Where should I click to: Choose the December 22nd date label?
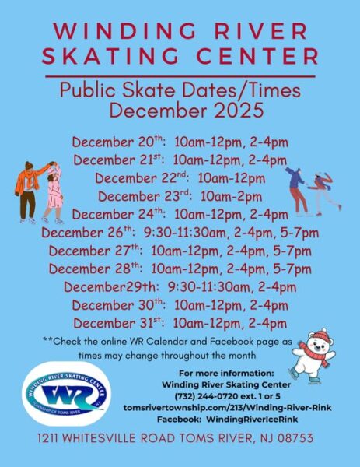139,178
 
